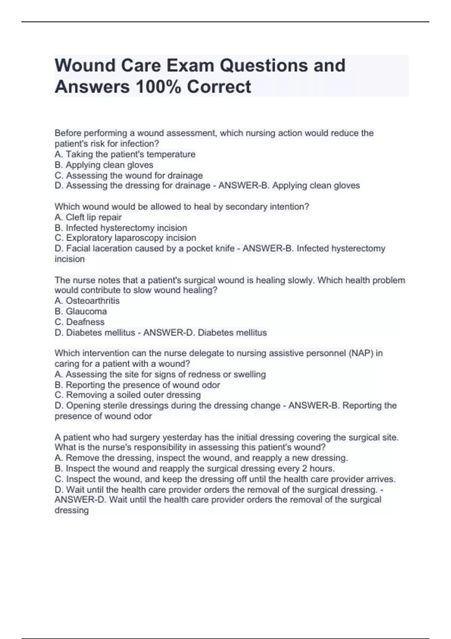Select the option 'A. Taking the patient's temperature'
125,154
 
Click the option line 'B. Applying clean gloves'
104,165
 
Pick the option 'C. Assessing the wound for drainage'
129,175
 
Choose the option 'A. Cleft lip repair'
88,217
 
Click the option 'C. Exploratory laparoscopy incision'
125,238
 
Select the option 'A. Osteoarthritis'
87,301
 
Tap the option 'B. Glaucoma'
80,311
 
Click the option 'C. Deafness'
79,322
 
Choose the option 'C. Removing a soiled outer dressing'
127,395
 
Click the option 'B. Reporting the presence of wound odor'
137,385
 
